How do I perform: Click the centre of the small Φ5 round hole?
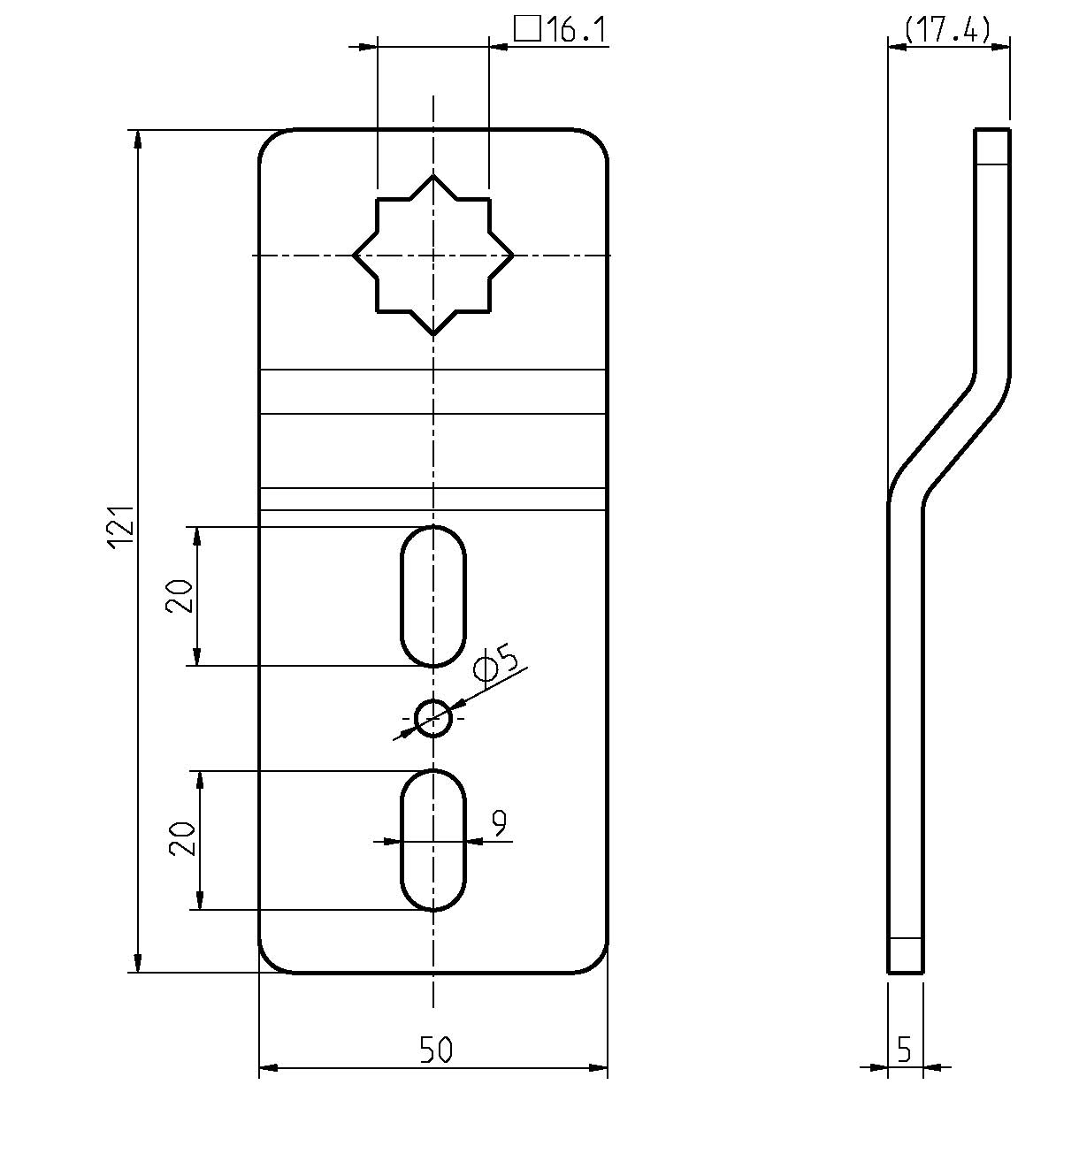[x=432, y=718]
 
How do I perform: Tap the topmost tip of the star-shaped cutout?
[x=432, y=175]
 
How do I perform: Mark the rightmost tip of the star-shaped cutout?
[x=514, y=255]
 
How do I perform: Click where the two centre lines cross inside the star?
[x=432, y=255]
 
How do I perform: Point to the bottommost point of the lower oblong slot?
[x=432, y=910]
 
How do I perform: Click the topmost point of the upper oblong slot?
[x=432, y=526]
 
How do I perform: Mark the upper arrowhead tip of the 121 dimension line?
[x=137, y=129]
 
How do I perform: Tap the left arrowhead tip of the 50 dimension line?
[x=259, y=1068]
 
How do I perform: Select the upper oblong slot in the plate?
[x=432, y=596]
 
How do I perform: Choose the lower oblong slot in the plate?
[x=432, y=840]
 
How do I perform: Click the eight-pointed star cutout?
[x=432, y=255]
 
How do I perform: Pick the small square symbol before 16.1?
[x=527, y=28]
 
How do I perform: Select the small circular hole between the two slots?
[x=432, y=718]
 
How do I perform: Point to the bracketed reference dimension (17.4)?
[x=947, y=29]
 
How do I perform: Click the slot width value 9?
[x=498, y=823]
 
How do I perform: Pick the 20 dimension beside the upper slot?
[x=179, y=596]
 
